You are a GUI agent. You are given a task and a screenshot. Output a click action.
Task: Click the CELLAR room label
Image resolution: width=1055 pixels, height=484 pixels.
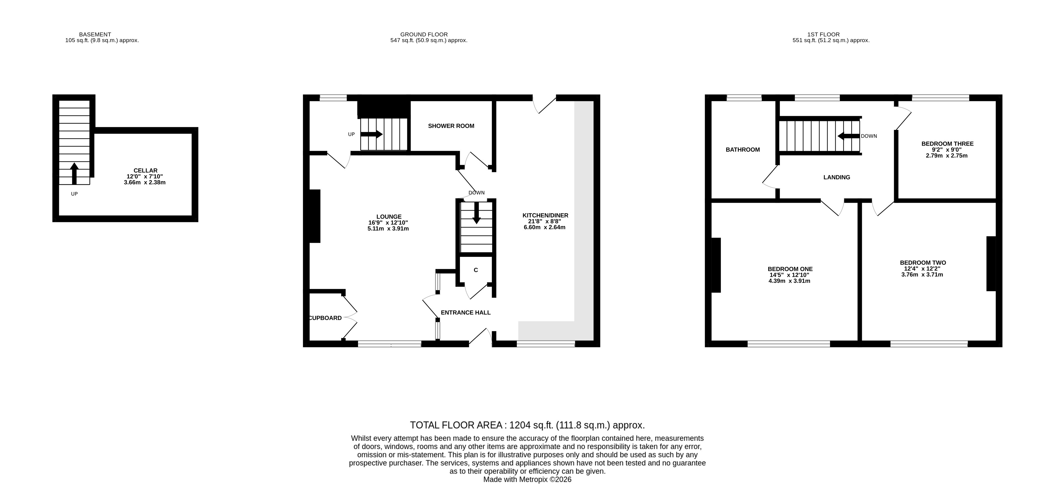click(145, 170)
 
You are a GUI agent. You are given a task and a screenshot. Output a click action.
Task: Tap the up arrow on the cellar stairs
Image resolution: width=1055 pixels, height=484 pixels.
click(74, 174)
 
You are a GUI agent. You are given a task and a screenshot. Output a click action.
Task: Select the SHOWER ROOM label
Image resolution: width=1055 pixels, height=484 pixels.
click(451, 126)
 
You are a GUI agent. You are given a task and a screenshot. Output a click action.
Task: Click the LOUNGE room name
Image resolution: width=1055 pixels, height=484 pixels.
click(389, 217)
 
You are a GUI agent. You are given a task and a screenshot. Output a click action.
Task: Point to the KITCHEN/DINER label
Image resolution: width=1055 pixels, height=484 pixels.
click(545, 215)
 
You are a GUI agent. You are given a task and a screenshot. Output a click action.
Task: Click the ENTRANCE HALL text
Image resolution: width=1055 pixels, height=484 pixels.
click(466, 313)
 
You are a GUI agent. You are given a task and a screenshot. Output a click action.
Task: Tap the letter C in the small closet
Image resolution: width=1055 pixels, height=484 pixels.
click(476, 270)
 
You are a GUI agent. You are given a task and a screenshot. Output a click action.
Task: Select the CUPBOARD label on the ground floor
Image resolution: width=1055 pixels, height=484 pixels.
click(325, 318)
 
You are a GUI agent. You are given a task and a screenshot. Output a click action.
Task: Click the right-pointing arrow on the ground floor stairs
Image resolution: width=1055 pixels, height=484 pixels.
click(372, 134)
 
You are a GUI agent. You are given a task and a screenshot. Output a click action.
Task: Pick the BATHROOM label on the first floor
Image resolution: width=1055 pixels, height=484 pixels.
click(742, 150)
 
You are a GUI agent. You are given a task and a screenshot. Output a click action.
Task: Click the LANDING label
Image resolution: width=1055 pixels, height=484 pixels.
click(837, 177)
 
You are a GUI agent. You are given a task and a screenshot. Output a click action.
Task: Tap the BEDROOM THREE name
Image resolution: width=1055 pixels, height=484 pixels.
click(947, 144)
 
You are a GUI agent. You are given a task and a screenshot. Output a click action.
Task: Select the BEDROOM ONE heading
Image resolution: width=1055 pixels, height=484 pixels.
click(790, 269)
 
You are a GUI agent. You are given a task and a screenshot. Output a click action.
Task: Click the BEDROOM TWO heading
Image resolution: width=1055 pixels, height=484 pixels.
click(923, 263)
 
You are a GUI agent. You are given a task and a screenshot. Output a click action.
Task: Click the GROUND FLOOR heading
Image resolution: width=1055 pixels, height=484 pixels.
click(424, 34)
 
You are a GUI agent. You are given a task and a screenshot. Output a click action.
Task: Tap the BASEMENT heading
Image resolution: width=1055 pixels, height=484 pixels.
click(95, 34)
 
